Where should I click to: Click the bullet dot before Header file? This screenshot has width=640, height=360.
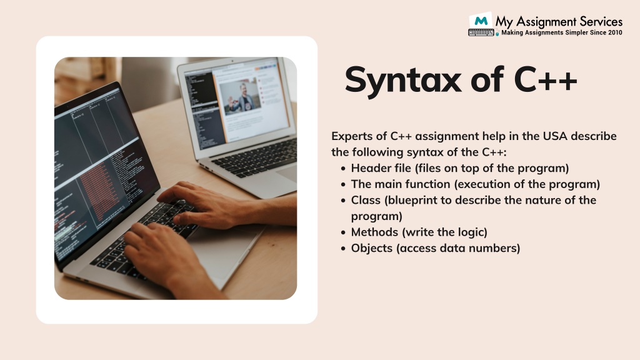point(344,169)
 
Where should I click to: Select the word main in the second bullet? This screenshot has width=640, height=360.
point(387,184)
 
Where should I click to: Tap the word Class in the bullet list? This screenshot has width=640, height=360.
point(364,200)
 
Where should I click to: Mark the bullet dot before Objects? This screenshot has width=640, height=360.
point(344,249)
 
